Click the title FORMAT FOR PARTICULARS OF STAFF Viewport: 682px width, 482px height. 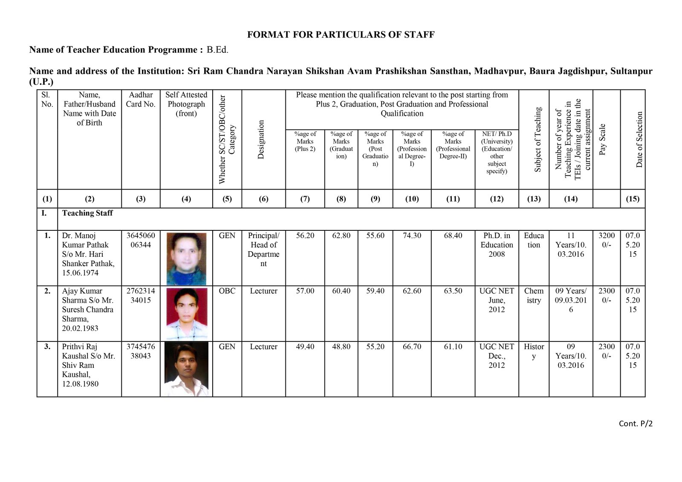(x=341, y=35)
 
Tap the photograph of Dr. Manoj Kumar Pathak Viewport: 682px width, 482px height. (x=186, y=258)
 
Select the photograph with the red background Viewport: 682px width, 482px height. (x=186, y=314)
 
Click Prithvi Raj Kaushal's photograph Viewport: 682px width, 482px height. (x=186, y=369)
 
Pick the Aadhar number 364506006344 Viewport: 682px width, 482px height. (x=141, y=240)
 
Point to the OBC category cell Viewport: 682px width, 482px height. (x=227, y=291)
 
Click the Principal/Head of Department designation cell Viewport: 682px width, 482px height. (x=263, y=250)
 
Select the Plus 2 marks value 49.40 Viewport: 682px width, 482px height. (x=305, y=347)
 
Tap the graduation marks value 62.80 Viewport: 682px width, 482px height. (x=341, y=235)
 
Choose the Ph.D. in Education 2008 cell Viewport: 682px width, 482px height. (x=497, y=245)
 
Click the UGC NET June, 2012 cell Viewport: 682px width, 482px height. (x=497, y=300)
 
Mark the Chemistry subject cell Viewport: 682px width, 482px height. (x=534, y=296)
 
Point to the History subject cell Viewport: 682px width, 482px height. (x=534, y=351)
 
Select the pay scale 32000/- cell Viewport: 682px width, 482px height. (x=606, y=240)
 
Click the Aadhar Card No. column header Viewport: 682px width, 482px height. (x=141, y=100)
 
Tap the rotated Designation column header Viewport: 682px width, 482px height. (x=261, y=140)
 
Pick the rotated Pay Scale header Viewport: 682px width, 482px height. (x=602, y=140)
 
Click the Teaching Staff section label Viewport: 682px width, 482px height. (x=87, y=213)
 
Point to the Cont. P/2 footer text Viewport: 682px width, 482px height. (x=636, y=423)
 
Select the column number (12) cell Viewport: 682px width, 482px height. (x=497, y=199)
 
